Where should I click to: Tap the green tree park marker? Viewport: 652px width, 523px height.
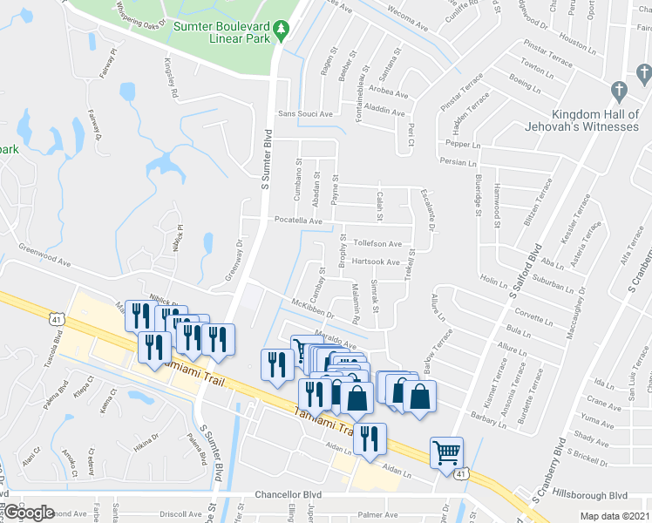tap(282, 31)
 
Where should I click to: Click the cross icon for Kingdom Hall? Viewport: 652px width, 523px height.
tap(618, 90)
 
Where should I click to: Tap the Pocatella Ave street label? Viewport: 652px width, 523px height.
tap(298, 221)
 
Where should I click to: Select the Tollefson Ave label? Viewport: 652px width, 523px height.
tap(377, 244)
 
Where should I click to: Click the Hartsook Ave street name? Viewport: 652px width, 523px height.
tap(376, 261)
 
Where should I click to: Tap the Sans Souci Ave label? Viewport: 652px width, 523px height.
tap(305, 114)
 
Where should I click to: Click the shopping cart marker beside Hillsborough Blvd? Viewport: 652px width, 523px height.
tap(446, 452)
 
